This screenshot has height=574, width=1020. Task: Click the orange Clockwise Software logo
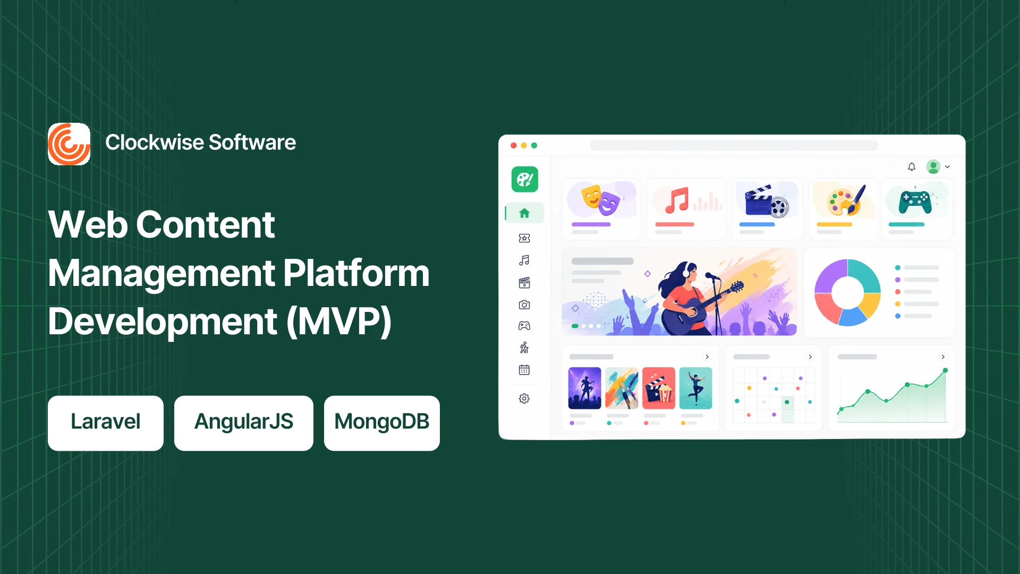click(x=69, y=144)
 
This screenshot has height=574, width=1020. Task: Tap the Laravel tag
click(x=106, y=423)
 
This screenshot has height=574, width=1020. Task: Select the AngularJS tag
click(x=244, y=423)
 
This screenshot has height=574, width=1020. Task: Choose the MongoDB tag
click(x=382, y=423)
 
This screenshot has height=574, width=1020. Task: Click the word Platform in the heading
click(x=356, y=273)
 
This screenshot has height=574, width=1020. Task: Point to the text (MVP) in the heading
click(x=339, y=322)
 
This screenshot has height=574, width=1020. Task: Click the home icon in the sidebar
click(x=524, y=213)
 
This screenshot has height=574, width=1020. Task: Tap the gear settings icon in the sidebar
click(x=524, y=399)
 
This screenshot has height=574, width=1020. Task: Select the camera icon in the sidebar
click(x=524, y=305)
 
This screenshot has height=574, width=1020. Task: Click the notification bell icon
click(x=912, y=167)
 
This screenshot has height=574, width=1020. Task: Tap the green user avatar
click(x=933, y=167)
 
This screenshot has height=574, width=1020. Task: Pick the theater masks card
click(x=601, y=209)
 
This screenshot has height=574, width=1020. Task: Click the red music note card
click(x=686, y=209)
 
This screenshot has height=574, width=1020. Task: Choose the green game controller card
click(x=917, y=209)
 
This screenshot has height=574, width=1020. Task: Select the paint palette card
click(x=843, y=209)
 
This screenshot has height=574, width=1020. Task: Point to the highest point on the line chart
click(x=945, y=370)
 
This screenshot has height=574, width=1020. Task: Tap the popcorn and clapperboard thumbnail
click(x=659, y=388)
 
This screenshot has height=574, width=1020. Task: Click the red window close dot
click(x=514, y=146)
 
